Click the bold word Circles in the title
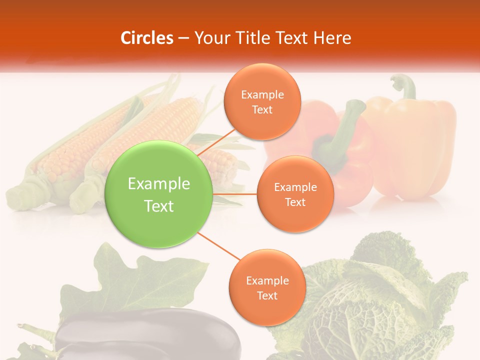coord(147,38)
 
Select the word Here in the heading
coord(332,38)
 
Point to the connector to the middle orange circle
coord(235,194)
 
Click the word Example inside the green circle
coord(159,184)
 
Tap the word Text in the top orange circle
coord(262,110)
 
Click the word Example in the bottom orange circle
coord(267,280)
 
